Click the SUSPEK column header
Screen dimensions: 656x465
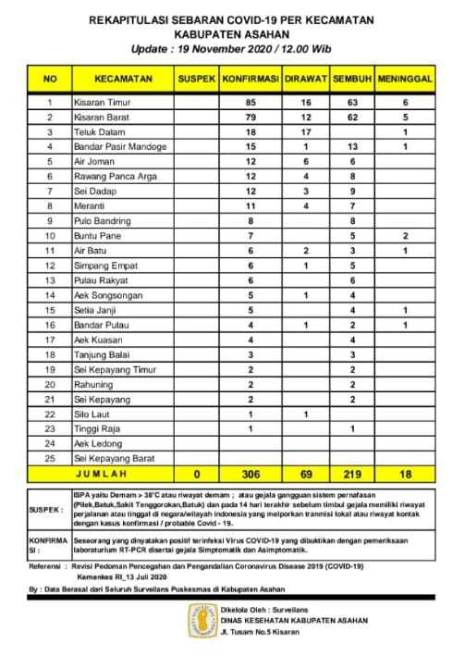click(x=196, y=80)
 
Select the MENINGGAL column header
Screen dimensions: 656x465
click(x=404, y=80)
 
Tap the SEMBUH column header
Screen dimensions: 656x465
click(x=351, y=80)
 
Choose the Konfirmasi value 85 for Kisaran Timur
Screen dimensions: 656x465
click(x=250, y=101)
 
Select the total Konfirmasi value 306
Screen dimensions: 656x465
click(x=250, y=473)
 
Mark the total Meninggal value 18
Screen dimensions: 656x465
click(x=404, y=473)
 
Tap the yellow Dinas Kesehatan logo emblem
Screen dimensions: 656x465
click(x=202, y=625)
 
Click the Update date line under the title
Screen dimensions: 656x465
click(x=232, y=43)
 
